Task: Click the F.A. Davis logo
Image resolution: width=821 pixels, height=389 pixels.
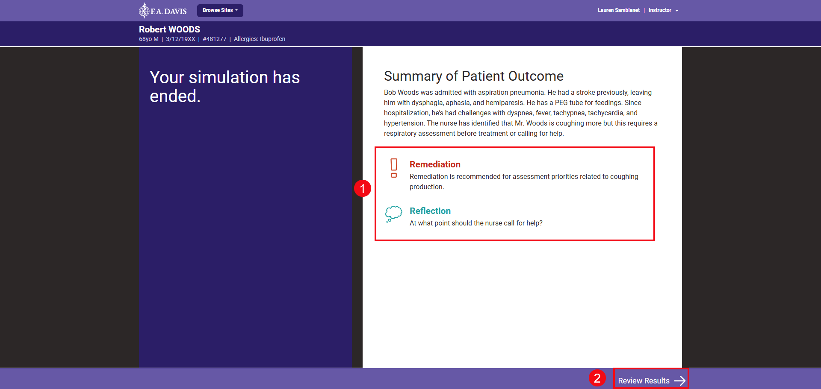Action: tap(162, 10)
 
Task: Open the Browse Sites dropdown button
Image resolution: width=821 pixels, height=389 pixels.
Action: tap(220, 10)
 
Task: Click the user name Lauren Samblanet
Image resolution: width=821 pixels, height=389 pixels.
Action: tap(618, 10)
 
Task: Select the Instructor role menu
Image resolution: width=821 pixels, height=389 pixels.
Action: tap(662, 10)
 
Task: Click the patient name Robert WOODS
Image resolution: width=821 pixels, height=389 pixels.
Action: tap(169, 29)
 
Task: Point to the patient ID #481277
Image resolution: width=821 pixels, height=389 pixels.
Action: tap(214, 39)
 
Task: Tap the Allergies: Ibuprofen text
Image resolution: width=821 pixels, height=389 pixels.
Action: tap(259, 39)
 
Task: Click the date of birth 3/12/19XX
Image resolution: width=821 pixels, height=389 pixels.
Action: tap(180, 39)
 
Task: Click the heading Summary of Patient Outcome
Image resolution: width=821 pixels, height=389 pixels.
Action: tap(473, 76)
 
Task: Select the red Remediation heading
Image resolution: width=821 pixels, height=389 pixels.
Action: tap(435, 164)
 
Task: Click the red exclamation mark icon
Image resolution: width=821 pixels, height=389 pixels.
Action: tap(394, 168)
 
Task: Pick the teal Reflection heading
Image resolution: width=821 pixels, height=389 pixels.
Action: tap(430, 211)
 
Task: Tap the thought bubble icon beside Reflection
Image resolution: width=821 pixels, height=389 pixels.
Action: tap(393, 214)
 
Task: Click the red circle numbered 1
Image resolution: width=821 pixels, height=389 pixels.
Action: tap(362, 188)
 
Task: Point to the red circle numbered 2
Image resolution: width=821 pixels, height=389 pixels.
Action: tap(597, 378)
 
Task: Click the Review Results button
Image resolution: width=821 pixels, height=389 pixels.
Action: tap(644, 380)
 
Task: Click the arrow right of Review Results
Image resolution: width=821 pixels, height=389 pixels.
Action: tap(679, 380)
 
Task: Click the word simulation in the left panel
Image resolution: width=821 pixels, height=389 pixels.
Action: tap(228, 78)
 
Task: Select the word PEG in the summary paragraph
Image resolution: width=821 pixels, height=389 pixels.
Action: tap(561, 102)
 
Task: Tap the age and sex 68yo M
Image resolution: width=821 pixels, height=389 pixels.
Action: tap(148, 39)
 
